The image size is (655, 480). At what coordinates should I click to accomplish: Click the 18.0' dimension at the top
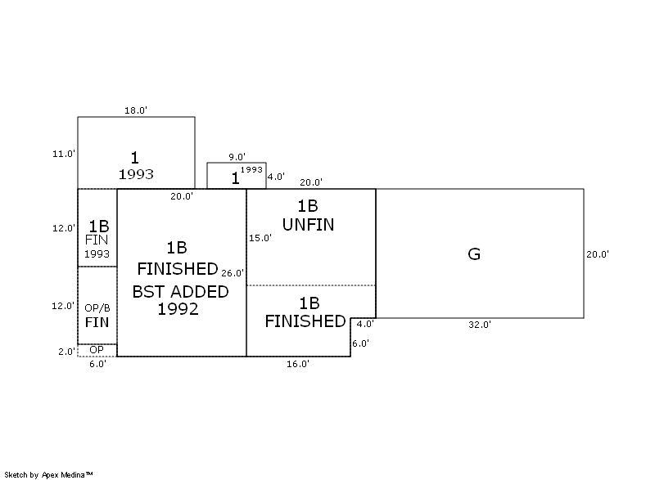135,110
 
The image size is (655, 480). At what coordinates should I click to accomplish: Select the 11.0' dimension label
63,153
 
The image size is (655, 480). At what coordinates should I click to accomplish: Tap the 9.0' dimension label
237,157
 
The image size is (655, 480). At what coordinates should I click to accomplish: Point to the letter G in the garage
473,254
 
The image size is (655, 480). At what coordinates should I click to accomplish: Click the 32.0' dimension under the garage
479,325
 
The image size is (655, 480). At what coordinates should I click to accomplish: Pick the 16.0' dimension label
297,364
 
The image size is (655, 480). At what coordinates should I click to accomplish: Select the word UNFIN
308,224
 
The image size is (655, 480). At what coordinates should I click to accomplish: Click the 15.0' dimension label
260,238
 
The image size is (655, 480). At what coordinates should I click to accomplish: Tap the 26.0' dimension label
233,272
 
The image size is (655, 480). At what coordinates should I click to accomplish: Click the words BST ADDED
181,292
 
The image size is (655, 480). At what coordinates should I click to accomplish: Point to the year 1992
178,309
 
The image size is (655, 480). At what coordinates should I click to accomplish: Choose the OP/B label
97,308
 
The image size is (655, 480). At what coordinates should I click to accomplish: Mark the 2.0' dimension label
65,351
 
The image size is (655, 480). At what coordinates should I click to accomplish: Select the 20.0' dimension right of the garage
597,254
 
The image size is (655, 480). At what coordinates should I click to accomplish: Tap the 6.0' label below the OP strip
97,364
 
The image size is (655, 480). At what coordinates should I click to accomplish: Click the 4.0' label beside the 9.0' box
276,176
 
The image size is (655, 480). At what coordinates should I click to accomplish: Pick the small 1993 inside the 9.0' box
252,170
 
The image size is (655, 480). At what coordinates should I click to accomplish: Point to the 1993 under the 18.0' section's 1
136,174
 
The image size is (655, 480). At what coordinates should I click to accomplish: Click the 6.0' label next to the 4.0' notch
360,343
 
